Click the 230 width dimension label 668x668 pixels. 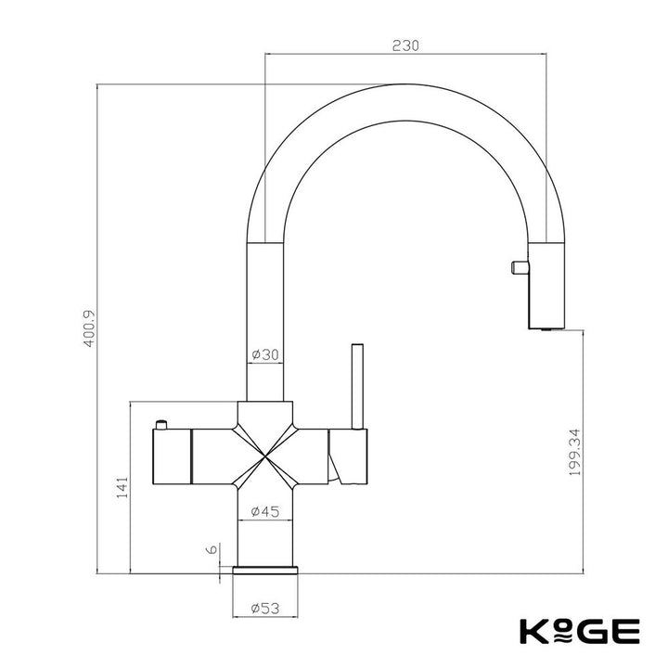[405, 45]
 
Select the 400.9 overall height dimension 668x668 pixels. [89, 328]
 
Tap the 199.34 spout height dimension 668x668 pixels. [574, 452]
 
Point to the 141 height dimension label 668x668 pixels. [122, 488]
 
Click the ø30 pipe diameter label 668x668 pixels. [265, 354]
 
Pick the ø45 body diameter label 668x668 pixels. [265, 511]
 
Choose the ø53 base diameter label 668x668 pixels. [265, 608]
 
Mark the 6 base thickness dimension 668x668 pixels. [212, 549]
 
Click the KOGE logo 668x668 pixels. [580, 632]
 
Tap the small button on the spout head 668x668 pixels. [520, 267]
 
